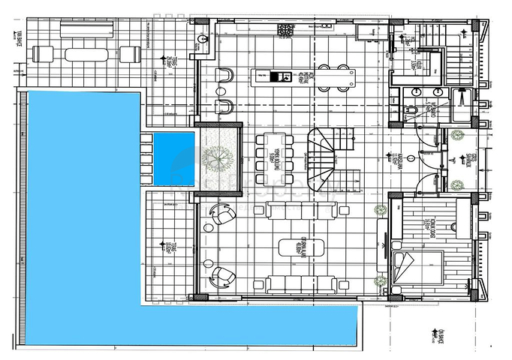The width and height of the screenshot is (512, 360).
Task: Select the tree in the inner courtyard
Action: [219, 157]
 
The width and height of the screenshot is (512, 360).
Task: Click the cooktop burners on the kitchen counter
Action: [287, 30]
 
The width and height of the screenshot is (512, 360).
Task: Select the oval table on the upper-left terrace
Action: [86, 54]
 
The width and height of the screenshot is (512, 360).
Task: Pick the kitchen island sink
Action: [263, 75]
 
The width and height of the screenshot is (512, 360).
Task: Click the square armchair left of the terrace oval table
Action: [44, 54]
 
